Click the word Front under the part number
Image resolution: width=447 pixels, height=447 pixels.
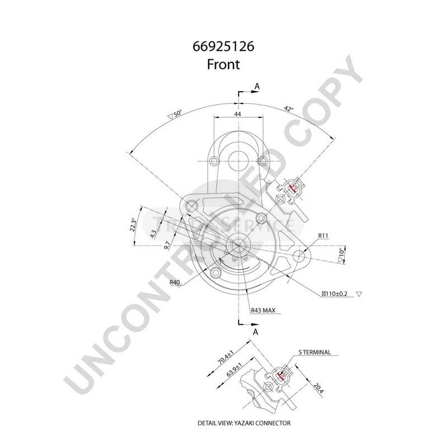(x=223, y=64)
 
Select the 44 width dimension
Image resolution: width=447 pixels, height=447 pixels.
(x=237, y=114)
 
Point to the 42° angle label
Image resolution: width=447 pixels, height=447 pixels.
(x=288, y=109)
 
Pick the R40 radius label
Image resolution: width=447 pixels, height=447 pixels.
(x=175, y=283)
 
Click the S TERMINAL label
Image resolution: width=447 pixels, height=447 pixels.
(x=315, y=353)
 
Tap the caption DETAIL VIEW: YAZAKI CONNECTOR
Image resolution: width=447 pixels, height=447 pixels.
(x=244, y=423)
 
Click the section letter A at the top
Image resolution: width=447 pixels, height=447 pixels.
(x=257, y=85)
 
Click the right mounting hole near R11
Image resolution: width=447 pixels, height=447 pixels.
(x=300, y=256)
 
